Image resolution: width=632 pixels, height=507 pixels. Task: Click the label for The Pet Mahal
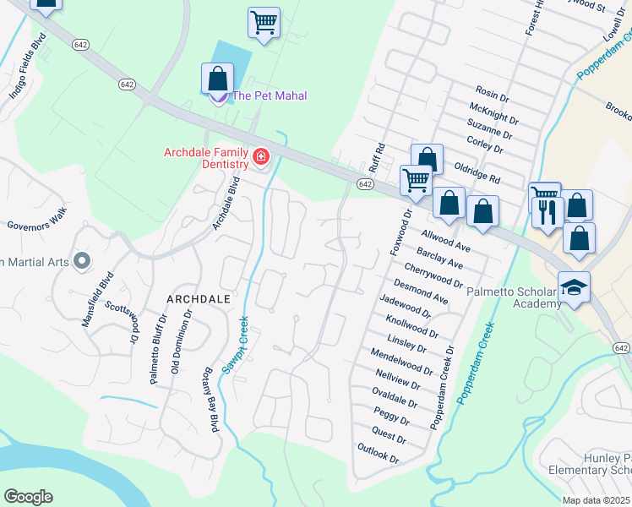click(270, 95)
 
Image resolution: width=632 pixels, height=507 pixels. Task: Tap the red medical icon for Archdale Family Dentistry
click(260, 157)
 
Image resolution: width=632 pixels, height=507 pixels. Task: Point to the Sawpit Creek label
click(237, 345)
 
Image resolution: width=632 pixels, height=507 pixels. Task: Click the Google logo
click(28, 497)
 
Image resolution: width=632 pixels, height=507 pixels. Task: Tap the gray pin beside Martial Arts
click(82, 261)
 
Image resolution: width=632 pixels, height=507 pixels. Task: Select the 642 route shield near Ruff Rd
click(365, 184)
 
